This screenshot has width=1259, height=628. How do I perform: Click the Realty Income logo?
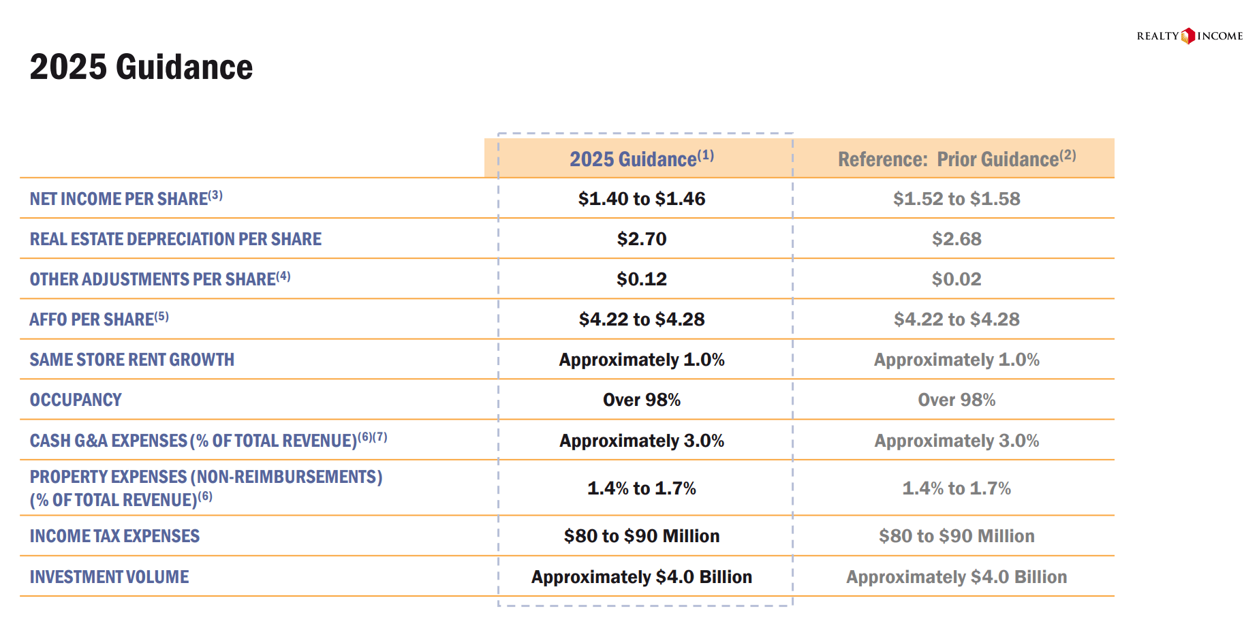click(x=1189, y=36)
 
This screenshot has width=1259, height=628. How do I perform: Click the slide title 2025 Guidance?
click(x=141, y=67)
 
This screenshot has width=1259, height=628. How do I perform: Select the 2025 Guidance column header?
click(x=641, y=159)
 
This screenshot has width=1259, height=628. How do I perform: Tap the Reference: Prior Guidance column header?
click(x=956, y=159)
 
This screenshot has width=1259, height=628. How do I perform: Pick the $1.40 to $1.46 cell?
click(x=641, y=199)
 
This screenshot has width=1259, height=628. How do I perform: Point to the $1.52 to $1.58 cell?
click(x=956, y=199)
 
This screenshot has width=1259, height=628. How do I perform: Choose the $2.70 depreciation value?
click(x=641, y=239)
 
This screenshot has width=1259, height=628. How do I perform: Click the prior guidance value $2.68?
click(x=956, y=239)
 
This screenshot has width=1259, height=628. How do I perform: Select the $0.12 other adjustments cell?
click(x=641, y=279)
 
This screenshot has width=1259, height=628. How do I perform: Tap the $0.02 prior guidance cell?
click(x=956, y=279)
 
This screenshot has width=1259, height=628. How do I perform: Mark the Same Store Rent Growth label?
click(x=131, y=360)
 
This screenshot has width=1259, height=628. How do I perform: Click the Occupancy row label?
click(x=76, y=400)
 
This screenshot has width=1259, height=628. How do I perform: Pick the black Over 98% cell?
click(x=641, y=400)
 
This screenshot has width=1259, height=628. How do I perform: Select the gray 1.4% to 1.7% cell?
click(x=956, y=488)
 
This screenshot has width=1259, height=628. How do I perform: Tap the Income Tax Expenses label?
click(x=114, y=536)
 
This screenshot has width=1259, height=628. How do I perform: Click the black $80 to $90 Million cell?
click(x=641, y=536)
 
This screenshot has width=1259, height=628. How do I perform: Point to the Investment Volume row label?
click(x=109, y=577)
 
